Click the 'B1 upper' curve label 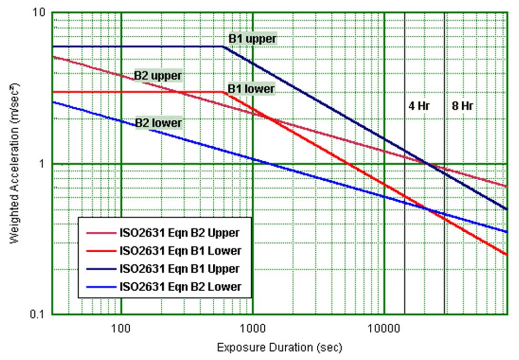pos(252,38)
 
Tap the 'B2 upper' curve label pos(158,75)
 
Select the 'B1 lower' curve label pos(251,89)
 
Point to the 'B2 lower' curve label pos(158,123)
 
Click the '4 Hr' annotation pos(419,106)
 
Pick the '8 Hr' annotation pos(462,106)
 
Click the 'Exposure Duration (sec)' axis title pos(279,347)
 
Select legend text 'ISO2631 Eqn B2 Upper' pos(180,232)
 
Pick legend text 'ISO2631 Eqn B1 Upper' pos(180,269)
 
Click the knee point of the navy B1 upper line pos(223,47)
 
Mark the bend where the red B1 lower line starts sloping pos(224,92)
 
